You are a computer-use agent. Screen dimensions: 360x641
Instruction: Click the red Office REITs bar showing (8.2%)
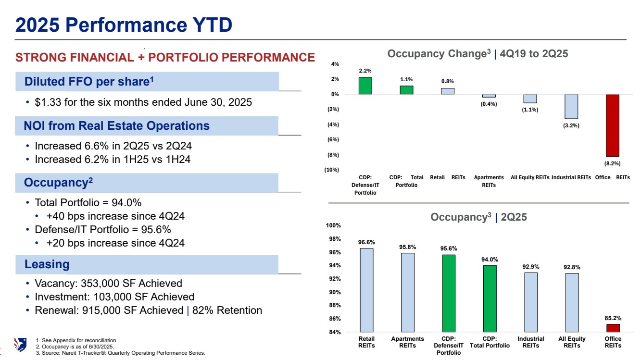(612, 125)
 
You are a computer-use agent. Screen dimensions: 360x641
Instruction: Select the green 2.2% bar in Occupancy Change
(365, 86)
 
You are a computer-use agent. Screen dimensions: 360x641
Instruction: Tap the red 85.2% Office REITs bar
(613, 328)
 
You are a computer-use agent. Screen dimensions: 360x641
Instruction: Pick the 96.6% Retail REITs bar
(366, 290)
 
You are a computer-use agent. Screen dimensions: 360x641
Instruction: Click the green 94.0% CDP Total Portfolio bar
(490, 298)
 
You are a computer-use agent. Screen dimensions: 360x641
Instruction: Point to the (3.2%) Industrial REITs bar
(571, 106)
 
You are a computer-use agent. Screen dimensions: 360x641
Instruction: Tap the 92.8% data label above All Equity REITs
(572, 267)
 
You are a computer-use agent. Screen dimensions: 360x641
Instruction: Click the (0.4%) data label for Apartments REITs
(489, 104)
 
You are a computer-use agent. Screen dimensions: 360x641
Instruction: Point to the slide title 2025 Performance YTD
(124, 25)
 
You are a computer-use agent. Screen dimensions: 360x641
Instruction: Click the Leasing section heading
(47, 264)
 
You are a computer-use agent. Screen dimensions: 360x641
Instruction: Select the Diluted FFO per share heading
(89, 82)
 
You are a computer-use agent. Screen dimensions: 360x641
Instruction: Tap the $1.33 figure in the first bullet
(48, 102)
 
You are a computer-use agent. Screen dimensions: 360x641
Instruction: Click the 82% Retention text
(227, 310)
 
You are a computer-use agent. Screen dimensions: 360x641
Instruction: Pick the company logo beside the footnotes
(20, 345)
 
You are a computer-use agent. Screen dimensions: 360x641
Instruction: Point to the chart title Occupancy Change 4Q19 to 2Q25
(478, 54)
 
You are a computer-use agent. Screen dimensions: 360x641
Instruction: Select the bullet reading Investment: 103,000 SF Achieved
(114, 297)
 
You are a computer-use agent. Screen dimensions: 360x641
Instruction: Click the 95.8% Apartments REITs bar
(407, 292)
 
